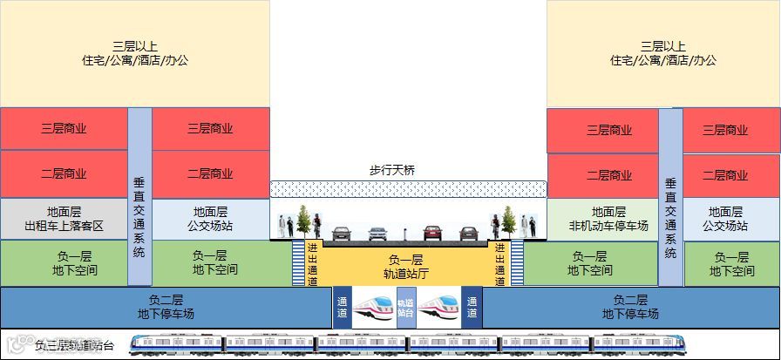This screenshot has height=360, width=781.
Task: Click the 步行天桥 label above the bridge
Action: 391,170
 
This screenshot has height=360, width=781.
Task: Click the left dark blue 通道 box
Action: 342,307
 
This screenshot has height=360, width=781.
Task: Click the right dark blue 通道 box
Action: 472,307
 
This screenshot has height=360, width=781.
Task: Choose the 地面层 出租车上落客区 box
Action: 64,219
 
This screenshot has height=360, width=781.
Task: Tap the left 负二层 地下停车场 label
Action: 166,307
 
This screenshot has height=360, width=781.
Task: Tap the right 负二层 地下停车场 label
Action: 630,307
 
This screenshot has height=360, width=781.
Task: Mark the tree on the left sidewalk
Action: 303,220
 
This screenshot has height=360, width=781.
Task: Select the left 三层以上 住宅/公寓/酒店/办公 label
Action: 134,53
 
